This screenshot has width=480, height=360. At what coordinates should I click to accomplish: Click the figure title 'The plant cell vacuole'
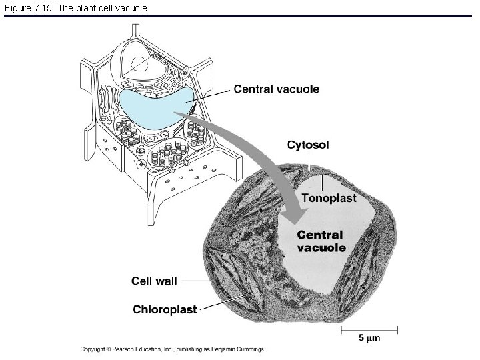tap(102, 8)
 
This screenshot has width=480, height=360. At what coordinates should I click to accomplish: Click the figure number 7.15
tap(41, 8)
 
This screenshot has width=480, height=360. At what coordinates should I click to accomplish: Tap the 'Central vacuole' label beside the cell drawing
tap(277, 89)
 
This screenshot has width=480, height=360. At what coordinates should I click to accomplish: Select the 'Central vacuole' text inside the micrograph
tap(321, 241)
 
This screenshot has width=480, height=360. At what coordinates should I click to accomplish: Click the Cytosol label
tap(308, 145)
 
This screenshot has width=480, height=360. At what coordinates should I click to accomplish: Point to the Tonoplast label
tap(329, 198)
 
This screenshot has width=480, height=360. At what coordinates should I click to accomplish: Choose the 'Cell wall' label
tap(154, 281)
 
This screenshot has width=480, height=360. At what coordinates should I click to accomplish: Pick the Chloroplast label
tap(165, 309)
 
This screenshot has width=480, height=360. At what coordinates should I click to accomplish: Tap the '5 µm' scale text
tap(369, 338)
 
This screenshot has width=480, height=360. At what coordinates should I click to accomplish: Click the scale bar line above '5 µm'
tap(369, 330)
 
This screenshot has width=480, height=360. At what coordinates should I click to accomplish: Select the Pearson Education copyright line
tap(173, 349)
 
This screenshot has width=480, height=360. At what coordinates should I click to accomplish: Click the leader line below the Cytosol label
tap(309, 161)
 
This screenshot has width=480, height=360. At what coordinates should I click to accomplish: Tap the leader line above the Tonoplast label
tap(322, 183)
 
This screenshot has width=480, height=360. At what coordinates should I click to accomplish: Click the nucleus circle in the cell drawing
tap(139, 65)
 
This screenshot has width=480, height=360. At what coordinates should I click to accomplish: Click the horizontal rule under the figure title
tap(238, 15)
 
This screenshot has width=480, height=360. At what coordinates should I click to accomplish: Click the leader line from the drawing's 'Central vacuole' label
tap(208, 96)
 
